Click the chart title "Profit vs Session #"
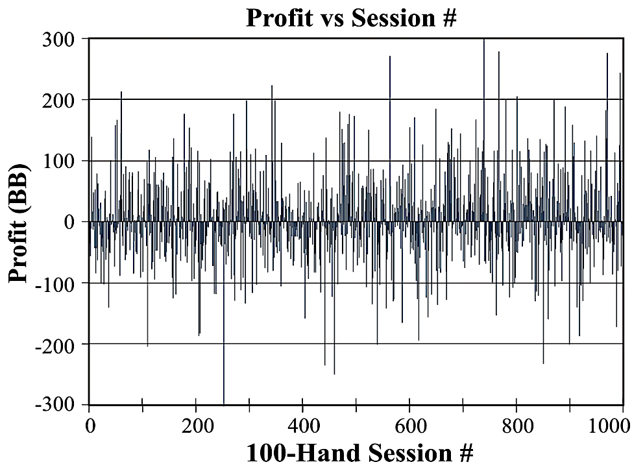(351, 18)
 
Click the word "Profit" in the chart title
(278, 18)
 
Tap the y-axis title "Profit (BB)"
(21, 222)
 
